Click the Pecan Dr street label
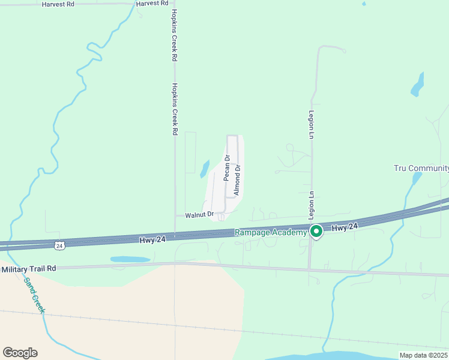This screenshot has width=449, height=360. pyautogui.click(x=227, y=168)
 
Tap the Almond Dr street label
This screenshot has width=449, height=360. pyautogui.click(x=237, y=179)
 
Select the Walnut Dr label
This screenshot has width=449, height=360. pyautogui.click(x=199, y=214)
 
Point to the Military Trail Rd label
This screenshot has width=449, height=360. pyautogui.click(x=28, y=269)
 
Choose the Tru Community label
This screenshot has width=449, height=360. pyautogui.click(x=421, y=168)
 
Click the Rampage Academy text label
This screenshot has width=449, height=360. pyautogui.click(x=270, y=232)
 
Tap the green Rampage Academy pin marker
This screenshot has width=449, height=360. pyautogui.click(x=316, y=231)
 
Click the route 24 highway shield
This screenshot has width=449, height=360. pyautogui.click(x=59, y=245)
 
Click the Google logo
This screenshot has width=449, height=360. pyautogui.click(x=20, y=352)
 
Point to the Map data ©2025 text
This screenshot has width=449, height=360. pyautogui.click(x=422, y=355)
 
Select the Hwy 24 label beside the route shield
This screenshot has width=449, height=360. pyautogui.click(x=152, y=239)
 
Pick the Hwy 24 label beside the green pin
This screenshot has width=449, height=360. pyautogui.click(x=345, y=227)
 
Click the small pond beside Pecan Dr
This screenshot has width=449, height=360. pyautogui.click(x=204, y=169)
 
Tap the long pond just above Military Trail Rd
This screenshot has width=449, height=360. pyautogui.click(x=130, y=259)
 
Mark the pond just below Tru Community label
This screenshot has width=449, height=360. pyautogui.click(x=416, y=178)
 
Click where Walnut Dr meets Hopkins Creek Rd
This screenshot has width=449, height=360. pyautogui.click(x=175, y=215)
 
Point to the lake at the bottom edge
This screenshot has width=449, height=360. pyautogui.click(x=354, y=355)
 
